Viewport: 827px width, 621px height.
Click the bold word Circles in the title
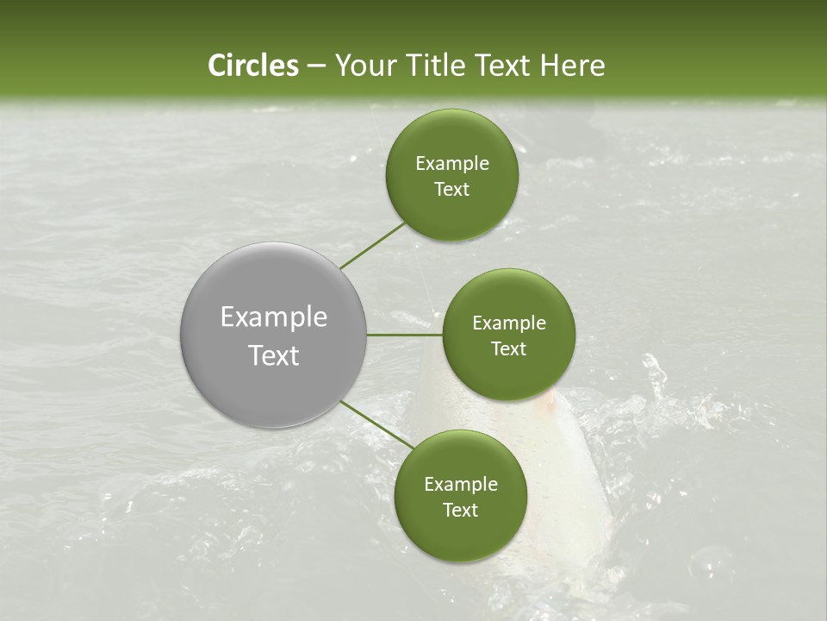(253, 66)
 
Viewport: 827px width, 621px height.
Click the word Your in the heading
(366, 66)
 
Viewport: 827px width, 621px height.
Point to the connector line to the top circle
(372, 246)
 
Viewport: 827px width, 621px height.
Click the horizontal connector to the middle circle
(405, 335)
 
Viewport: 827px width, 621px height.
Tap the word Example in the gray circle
(274, 317)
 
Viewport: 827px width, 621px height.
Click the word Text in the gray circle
(274, 355)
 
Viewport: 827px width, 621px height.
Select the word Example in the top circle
(452, 164)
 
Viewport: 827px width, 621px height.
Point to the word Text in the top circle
(451, 190)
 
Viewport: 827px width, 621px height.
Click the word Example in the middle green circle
(509, 323)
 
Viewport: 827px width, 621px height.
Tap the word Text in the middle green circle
(508, 349)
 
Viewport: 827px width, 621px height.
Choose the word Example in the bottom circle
(461, 485)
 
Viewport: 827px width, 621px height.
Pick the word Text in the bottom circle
(460, 511)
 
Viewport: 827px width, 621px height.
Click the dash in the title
(316, 66)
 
